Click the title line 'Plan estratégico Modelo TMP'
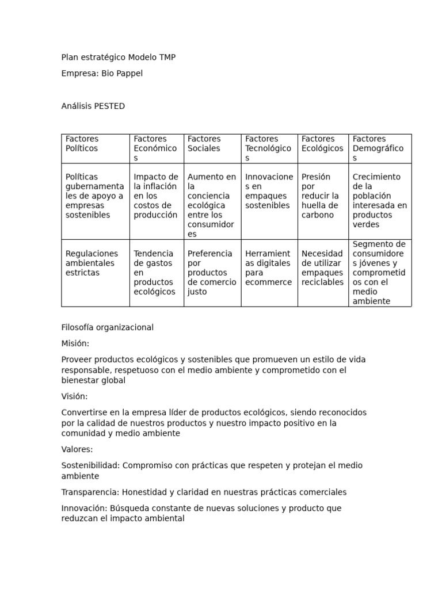(119, 57)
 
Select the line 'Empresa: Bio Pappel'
(102, 73)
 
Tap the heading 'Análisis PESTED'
(93, 106)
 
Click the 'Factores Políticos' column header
(82, 144)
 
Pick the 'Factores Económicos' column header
(155, 148)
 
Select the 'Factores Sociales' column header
(204, 144)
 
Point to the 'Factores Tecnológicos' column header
(268, 148)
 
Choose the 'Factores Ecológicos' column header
(322, 144)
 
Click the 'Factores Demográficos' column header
(378, 148)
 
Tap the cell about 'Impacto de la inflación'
(156, 196)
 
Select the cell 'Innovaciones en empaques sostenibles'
(269, 191)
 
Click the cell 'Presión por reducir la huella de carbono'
(321, 196)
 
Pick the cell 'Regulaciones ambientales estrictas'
(92, 263)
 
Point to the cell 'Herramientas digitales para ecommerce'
(268, 267)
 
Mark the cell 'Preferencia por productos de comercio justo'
(212, 272)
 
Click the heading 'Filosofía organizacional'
(108, 327)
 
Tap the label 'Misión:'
(75, 343)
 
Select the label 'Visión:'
(75, 396)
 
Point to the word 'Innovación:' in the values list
(85, 508)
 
